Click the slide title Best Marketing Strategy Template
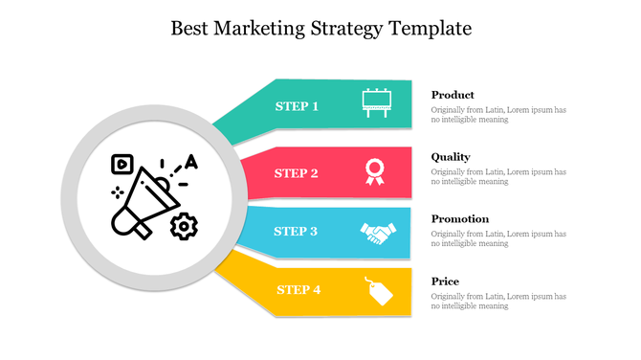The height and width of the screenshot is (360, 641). (320, 28)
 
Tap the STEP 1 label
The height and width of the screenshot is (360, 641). (297, 106)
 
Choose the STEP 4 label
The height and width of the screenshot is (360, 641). (298, 289)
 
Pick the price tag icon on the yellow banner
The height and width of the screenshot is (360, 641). (380, 290)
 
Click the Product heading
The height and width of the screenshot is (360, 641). (453, 95)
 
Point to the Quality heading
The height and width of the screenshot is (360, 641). (451, 157)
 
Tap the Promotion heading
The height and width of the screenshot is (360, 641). (459, 219)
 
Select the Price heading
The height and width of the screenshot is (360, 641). (445, 281)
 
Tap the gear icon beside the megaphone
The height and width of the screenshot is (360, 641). (184, 226)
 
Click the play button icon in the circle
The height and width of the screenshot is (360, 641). (121, 163)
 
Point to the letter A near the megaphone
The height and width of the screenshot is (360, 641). (191, 162)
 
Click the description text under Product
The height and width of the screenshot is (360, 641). (497, 115)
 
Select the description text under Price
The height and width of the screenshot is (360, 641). (497, 302)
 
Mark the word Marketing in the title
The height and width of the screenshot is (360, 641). (263, 28)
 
